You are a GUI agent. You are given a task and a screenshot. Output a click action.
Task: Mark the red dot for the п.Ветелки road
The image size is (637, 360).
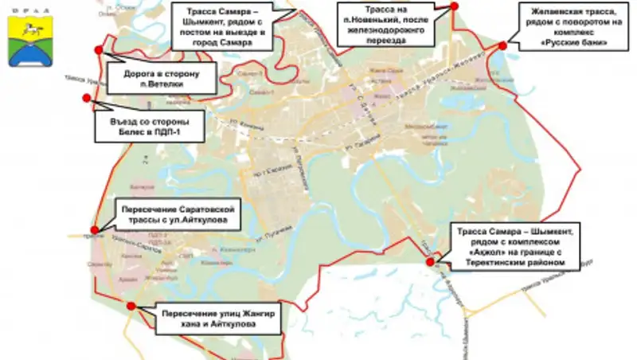[98, 50]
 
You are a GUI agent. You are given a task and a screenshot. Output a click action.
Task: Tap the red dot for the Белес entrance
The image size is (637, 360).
[86, 98]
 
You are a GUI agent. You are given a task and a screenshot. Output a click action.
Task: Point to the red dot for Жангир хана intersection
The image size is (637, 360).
[131, 305]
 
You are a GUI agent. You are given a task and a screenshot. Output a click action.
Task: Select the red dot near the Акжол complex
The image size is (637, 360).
[430, 262]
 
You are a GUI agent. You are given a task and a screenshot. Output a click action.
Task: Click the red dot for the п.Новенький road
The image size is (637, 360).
[454, 6]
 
